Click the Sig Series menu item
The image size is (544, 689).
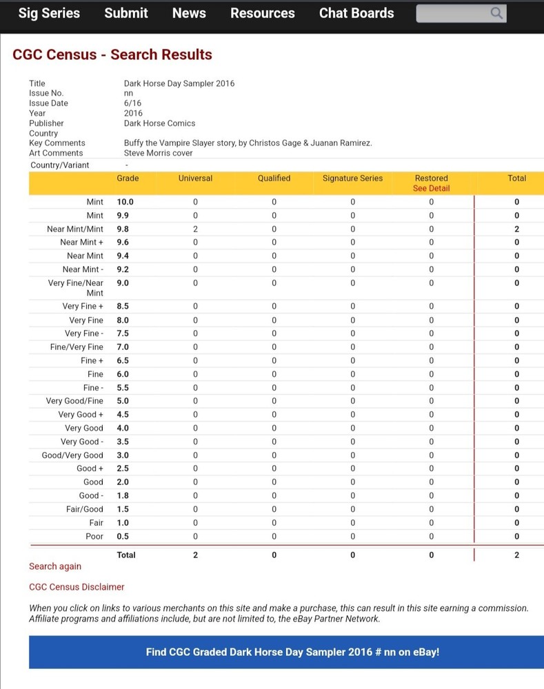(x=49, y=13)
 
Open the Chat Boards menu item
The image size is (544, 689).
(x=356, y=13)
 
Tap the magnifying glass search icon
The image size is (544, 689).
(x=496, y=13)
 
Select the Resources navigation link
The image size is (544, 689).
(x=263, y=13)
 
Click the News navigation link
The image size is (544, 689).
(x=189, y=13)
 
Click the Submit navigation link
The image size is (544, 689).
(x=126, y=13)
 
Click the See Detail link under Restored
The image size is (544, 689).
(x=431, y=188)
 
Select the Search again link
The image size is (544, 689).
(x=55, y=566)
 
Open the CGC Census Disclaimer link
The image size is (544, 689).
(x=77, y=587)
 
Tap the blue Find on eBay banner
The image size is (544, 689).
(x=292, y=652)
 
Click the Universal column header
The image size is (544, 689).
(x=195, y=178)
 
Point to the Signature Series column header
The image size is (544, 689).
(x=352, y=178)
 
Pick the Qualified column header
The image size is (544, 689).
(x=274, y=178)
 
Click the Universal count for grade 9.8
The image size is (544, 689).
(x=195, y=229)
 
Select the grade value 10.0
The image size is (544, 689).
(x=125, y=202)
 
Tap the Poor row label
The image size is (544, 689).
(x=94, y=536)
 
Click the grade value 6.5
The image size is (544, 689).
(x=123, y=360)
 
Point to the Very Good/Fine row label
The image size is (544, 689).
(x=74, y=401)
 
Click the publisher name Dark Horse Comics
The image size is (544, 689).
(x=159, y=123)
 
